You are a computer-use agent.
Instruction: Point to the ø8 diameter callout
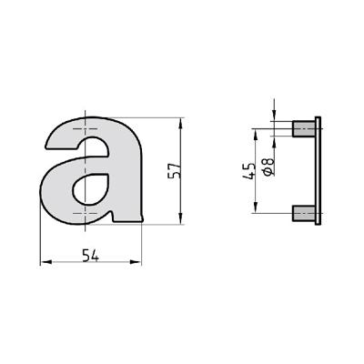267,166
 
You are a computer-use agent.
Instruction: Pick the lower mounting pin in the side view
301,214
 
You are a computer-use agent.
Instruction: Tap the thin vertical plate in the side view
316,172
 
